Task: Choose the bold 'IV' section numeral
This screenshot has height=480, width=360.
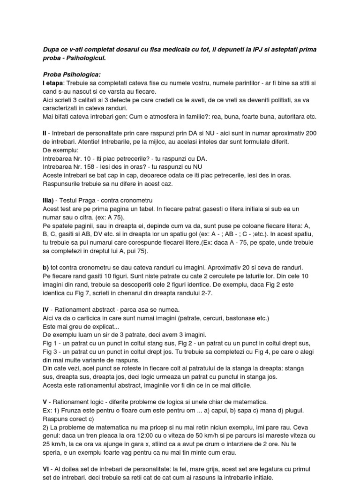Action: tap(46, 310)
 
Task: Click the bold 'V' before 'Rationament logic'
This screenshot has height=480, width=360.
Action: tap(45, 402)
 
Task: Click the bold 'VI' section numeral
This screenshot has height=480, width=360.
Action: tap(46, 469)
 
